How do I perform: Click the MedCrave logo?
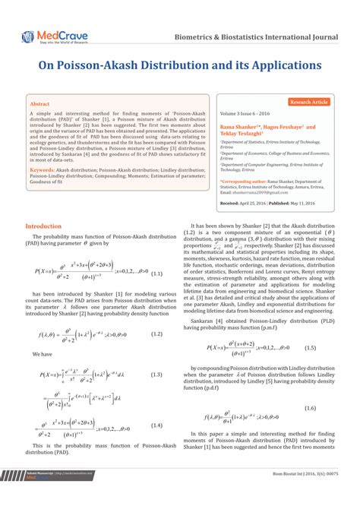pos(48,35)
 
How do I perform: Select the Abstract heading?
pos(39,103)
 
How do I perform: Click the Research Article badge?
pos(309,101)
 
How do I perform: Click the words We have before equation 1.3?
pos(42,354)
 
